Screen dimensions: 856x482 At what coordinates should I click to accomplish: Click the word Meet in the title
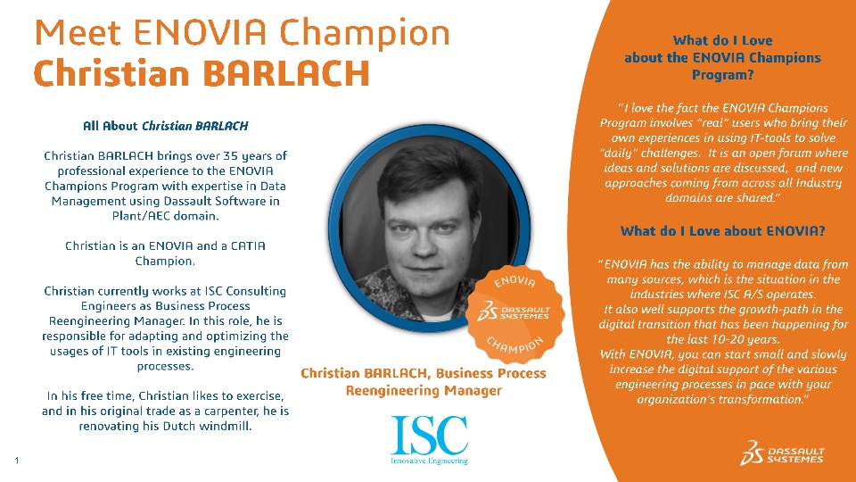pos(77,32)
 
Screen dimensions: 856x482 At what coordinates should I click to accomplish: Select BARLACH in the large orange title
pos(286,73)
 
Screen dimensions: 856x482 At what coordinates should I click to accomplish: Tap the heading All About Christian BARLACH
pos(166,126)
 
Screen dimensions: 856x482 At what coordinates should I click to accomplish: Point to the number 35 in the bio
pos(230,155)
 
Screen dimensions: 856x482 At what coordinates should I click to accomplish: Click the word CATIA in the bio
pos(248,246)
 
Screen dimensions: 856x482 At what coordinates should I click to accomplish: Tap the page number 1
pos(17,461)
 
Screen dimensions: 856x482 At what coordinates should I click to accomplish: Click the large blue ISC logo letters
pos(430,435)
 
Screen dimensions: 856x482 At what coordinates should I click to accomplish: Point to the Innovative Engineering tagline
pos(429,461)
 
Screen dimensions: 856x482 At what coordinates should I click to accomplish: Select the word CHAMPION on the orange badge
pos(514,345)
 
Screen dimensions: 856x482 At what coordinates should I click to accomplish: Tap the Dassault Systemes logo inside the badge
pos(514,312)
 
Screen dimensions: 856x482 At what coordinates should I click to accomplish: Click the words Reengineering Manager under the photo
pos(424,391)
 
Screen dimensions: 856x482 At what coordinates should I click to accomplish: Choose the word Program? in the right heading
pos(723,75)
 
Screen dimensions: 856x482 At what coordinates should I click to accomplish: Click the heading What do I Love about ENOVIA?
pos(723,231)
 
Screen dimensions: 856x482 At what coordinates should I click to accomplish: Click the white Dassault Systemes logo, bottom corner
pos(782,453)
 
